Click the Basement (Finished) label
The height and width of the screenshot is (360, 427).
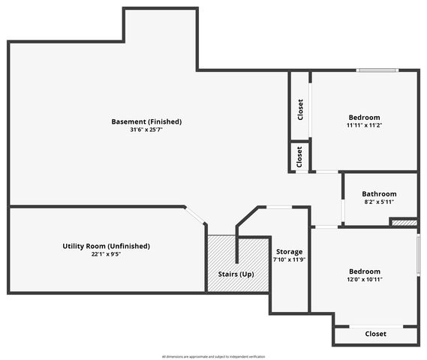click(146, 121)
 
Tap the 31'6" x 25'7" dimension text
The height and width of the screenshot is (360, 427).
click(146, 130)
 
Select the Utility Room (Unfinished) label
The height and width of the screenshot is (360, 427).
click(106, 246)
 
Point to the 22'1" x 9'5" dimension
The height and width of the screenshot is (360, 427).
click(106, 254)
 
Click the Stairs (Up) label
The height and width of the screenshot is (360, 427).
click(236, 274)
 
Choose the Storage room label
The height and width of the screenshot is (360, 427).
click(289, 252)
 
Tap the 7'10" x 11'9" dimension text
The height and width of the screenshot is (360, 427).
click(289, 260)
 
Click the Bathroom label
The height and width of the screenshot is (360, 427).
click(379, 193)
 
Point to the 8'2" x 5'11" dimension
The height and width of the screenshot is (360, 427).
click(379, 202)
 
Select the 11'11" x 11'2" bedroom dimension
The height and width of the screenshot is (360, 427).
click(364, 126)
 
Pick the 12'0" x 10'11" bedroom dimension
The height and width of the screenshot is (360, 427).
click(365, 279)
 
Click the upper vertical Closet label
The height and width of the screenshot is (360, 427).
click(300, 109)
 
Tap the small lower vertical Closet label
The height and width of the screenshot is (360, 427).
click(299, 157)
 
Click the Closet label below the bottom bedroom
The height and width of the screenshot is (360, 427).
click(375, 334)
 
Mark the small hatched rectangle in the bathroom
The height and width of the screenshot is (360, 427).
click(404, 222)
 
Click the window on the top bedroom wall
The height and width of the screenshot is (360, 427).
click(377, 71)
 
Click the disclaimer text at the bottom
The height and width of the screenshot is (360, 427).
click(213, 356)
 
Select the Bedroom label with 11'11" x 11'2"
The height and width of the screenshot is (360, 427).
click(364, 118)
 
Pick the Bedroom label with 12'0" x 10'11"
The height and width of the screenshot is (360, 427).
click(365, 271)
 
